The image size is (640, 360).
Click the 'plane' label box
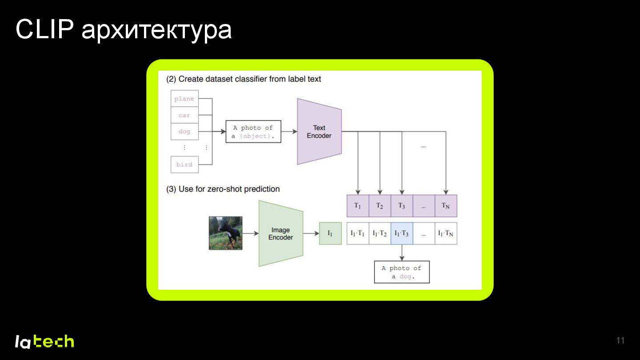(184, 99)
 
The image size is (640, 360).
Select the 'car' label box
(184, 115)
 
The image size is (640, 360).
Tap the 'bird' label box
(184, 164)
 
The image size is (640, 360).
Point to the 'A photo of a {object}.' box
(253, 132)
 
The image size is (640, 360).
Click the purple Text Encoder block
(319, 132)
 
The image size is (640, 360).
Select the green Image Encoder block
(280, 234)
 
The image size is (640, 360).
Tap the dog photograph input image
(226, 233)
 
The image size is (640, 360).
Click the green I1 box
(330, 233)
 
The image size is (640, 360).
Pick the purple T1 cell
(358, 206)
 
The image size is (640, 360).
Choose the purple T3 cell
(402, 206)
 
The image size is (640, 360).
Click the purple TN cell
(446, 206)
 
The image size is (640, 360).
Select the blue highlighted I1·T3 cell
(402, 233)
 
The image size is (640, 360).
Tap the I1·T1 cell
(358, 233)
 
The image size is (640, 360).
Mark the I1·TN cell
(446, 233)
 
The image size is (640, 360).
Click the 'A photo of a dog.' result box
(402, 272)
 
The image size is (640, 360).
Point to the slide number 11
(620, 341)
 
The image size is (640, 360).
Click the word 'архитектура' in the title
(156, 30)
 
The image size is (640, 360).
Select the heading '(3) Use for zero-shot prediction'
(223, 189)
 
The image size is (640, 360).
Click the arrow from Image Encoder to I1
(311, 233)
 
